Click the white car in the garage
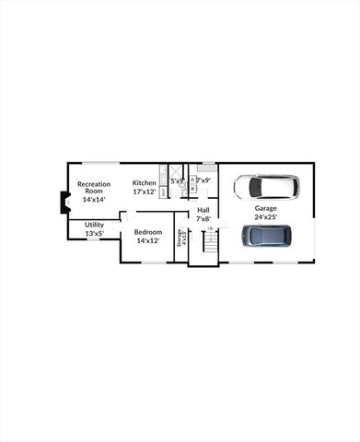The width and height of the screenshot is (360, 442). [x=266, y=188]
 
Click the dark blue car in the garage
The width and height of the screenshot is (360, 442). [x=267, y=236]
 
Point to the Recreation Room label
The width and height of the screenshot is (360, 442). [x=94, y=187]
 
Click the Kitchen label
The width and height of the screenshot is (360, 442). [x=145, y=182]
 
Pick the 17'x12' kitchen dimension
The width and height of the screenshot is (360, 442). [x=145, y=192]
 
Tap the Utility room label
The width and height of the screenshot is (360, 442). [x=94, y=225]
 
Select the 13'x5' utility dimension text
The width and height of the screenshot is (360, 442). [x=94, y=234]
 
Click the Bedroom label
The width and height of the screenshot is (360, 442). [x=148, y=232]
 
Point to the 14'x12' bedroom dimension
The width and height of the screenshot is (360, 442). [x=148, y=240]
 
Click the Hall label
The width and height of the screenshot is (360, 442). [x=203, y=210]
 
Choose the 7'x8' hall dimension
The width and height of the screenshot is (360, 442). [x=203, y=218]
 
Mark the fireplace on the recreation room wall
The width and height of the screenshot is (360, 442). [x=64, y=203]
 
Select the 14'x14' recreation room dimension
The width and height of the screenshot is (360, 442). [x=94, y=199]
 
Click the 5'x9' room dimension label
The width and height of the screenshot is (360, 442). [x=177, y=181]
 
